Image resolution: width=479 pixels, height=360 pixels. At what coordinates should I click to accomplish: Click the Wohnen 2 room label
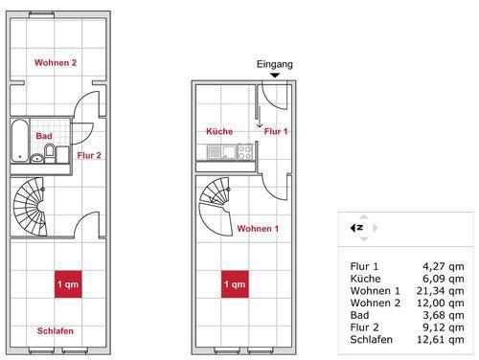pos(56,63)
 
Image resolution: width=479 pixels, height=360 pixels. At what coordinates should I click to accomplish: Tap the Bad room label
pos(44,136)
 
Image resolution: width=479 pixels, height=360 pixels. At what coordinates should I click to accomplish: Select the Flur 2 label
pos(89,153)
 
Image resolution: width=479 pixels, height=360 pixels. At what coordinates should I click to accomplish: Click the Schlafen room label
pos(56,331)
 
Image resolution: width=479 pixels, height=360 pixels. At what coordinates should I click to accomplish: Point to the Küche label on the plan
pos(219,131)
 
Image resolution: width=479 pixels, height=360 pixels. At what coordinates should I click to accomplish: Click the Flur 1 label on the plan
pos(277,131)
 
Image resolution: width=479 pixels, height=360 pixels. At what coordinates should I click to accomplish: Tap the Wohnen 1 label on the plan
pos(259,229)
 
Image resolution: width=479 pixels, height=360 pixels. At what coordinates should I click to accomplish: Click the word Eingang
pos(275,64)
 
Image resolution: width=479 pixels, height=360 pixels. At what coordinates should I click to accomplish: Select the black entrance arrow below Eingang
pos(275,76)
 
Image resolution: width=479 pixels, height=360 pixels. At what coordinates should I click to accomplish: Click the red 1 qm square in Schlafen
pos(67,284)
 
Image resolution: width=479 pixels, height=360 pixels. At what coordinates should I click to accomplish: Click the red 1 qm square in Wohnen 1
pos(235,284)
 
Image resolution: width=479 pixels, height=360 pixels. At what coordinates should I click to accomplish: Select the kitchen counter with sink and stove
pos(230,150)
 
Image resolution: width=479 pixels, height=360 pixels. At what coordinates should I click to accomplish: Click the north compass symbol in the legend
pos(357,228)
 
